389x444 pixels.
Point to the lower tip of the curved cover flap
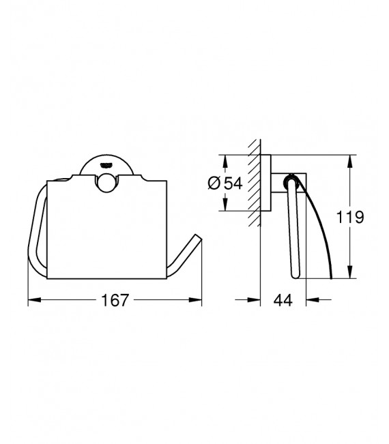coord(331,278)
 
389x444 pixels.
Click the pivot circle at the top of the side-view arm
coord(293,181)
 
